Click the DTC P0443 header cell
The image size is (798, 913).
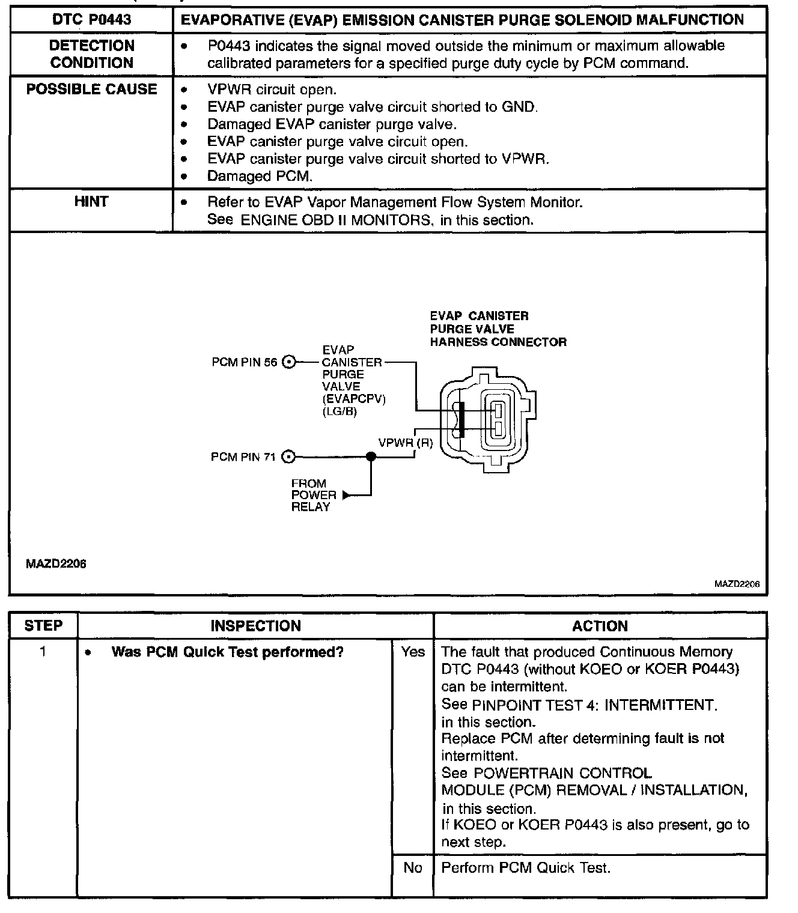(91, 20)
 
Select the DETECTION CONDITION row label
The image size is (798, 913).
(91, 54)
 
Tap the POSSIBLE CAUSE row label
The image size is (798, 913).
(91, 89)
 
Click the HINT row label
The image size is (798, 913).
(91, 202)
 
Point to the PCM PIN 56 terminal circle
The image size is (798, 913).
(289, 362)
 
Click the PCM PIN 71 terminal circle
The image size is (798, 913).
(289, 457)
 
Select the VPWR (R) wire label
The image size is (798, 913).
(406, 443)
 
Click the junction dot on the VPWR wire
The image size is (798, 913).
(371, 457)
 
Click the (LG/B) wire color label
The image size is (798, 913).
(340, 412)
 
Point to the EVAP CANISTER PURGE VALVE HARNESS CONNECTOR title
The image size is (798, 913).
(498, 329)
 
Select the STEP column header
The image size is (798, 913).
(43, 626)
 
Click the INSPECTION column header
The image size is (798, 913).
(255, 626)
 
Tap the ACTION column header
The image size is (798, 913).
(600, 626)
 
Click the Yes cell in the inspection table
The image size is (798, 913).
(413, 652)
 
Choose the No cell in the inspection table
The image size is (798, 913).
(413, 868)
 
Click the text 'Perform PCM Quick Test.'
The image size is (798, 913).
(526, 868)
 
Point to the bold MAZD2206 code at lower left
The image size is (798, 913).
(56, 564)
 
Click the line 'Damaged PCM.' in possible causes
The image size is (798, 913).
(260, 177)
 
